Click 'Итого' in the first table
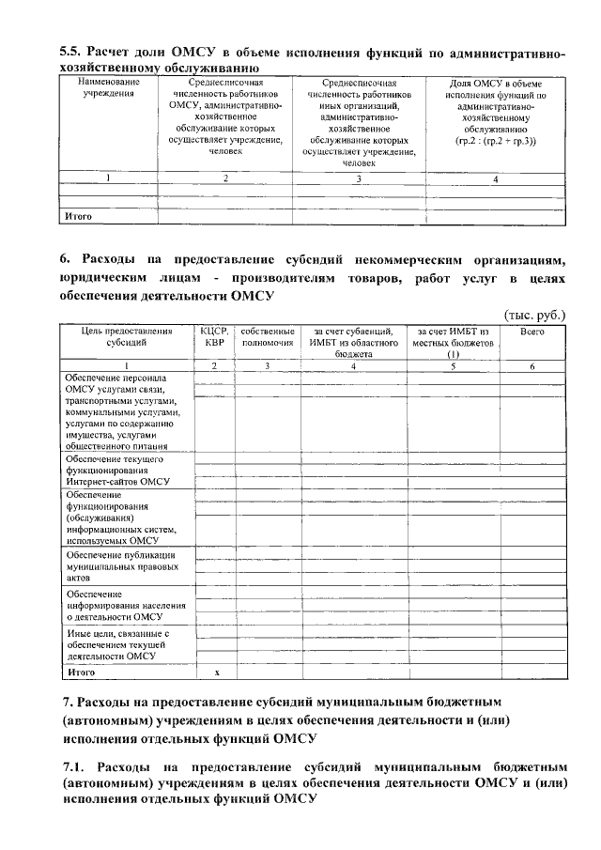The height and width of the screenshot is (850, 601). coord(79,217)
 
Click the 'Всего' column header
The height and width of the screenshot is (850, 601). coord(532,332)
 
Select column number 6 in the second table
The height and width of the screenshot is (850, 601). coord(532,366)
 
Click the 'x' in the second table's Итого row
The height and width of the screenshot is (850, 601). coord(216,672)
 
